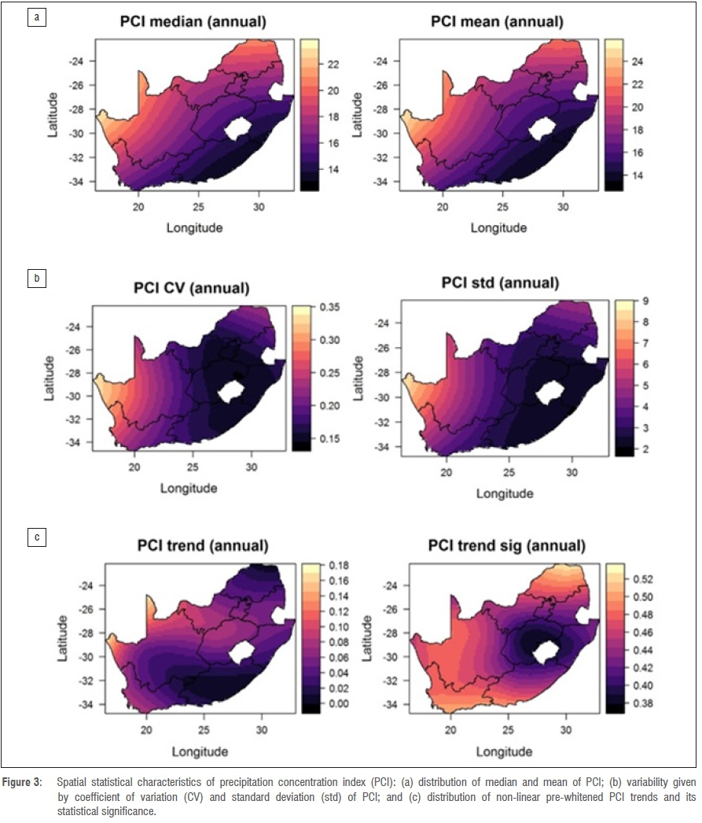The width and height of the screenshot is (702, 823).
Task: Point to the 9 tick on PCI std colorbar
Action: coord(637,301)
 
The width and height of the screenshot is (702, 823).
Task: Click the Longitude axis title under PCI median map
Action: coord(194,227)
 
